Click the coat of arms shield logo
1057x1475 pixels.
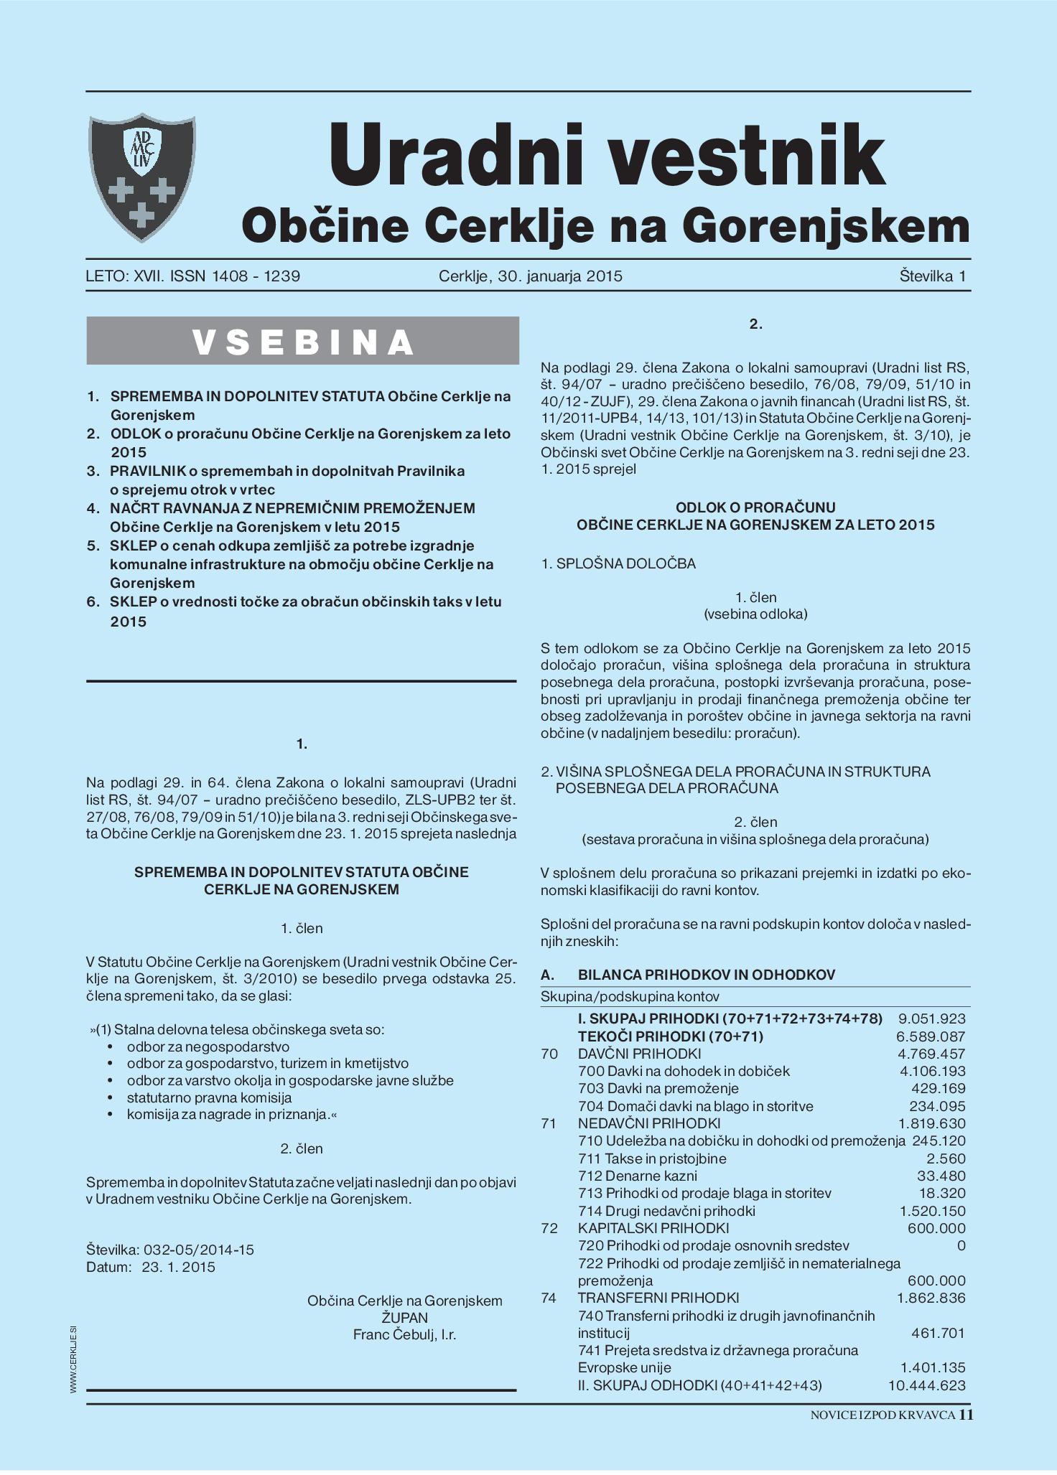(142, 177)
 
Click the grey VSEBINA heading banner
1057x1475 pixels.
(302, 341)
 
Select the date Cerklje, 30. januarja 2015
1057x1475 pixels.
(530, 276)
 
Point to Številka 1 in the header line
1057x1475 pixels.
(932, 276)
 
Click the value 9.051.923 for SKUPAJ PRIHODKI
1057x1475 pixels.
(931, 1019)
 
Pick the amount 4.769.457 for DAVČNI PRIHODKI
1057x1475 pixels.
(931, 1054)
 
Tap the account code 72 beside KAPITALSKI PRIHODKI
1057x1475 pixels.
(549, 1228)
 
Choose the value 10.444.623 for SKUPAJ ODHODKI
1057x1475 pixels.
(926, 1385)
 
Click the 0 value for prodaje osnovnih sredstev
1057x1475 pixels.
(961, 1245)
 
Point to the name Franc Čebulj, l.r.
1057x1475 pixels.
(404, 1334)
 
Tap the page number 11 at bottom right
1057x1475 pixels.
(966, 1415)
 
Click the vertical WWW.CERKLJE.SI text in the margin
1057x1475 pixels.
(74, 1361)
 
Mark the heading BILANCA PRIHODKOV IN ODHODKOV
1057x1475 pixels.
(706, 975)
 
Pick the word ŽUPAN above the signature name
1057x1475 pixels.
(404, 1318)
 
